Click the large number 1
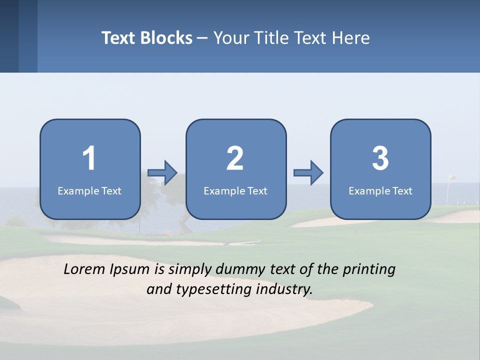point(89,158)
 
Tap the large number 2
point(235,158)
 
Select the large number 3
point(380,158)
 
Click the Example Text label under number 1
point(89,190)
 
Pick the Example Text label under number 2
point(235,190)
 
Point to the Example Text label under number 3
point(380,190)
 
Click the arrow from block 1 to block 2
point(163,172)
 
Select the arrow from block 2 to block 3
point(308,172)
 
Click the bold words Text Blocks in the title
point(147,38)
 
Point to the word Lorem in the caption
point(85,269)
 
